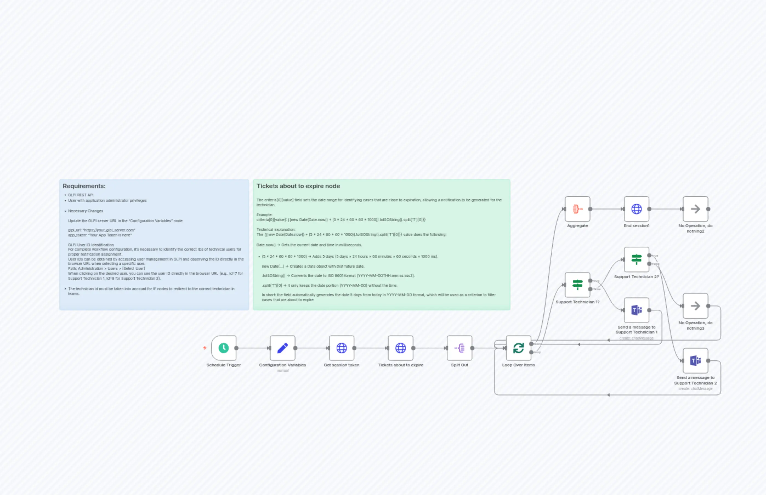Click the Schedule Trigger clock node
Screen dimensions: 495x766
click(x=224, y=348)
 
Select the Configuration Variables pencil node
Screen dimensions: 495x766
click(x=282, y=348)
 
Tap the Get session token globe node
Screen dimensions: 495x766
click(x=341, y=348)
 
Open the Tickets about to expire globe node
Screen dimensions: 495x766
click(x=400, y=348)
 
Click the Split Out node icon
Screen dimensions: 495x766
click(x=459, y=348)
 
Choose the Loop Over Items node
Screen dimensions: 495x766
click(x=518, y=348)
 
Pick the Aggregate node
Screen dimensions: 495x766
click(x=577, y=209)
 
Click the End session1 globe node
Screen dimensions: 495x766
click(x=636, y=209)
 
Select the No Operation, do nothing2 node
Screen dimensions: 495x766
click(x=695, y=209)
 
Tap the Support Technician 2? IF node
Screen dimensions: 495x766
click(x=636, y=259)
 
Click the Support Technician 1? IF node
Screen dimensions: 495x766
click(x=577, y=285)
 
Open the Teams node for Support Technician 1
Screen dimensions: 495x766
click(x=636, y=310)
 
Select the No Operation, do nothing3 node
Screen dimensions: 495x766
click(x=695, y=306)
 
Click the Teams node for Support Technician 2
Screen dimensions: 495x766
click(x=695, y=361)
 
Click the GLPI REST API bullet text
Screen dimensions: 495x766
click(x=81, y=195)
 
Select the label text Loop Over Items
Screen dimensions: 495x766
click(x=518, y=365)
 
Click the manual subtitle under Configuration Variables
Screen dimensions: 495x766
click(x=282, y=370)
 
